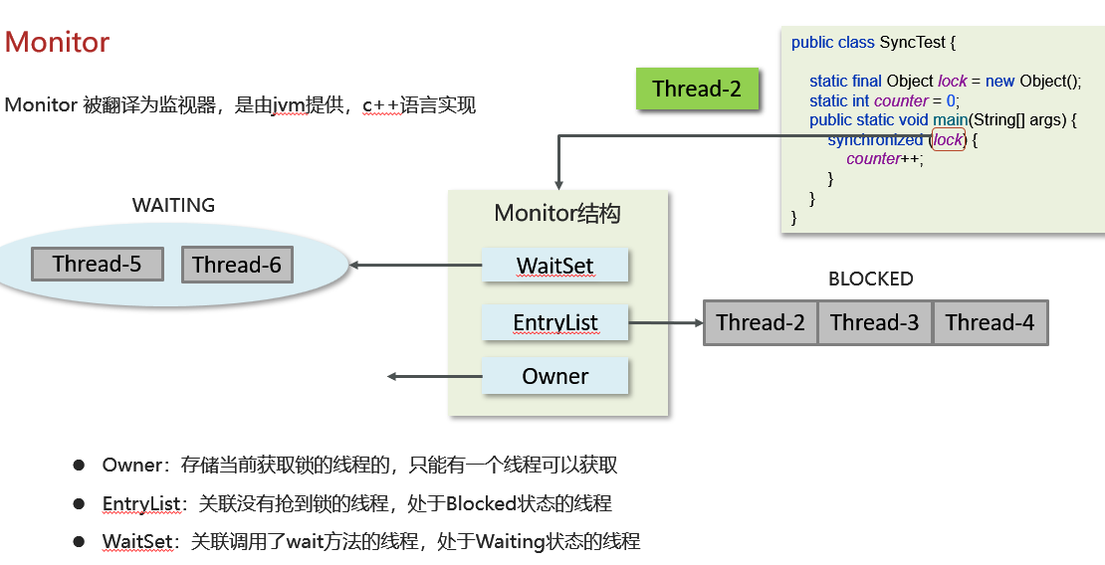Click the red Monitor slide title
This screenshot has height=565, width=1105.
pos(57,43)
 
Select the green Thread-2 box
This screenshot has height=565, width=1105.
pos(697,89)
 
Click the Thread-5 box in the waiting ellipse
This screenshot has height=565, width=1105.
pos(97,264)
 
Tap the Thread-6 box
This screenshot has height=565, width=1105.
pos(237,265)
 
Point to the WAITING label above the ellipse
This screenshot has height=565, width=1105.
pos(173,205)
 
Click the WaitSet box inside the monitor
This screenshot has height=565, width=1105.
pos(555,266)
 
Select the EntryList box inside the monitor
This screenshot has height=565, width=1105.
pos(555,322)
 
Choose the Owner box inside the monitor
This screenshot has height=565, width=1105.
pos(555,376)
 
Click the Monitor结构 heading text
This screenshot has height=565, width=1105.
pos(557,214)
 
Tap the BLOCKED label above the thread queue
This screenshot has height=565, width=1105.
pos(870,280)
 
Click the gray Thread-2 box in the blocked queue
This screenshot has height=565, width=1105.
pos(761,322)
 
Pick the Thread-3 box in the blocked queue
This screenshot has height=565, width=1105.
pos(875,322)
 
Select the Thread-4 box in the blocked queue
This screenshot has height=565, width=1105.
pos(990,322)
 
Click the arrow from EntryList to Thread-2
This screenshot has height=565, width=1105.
pos(666,322)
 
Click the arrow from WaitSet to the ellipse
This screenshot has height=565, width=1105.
pos(416,266)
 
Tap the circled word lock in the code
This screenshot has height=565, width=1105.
pos(948,139)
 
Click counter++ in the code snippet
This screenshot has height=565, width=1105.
pos(884,159)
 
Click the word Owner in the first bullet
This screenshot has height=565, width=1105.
pos(131,466)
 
